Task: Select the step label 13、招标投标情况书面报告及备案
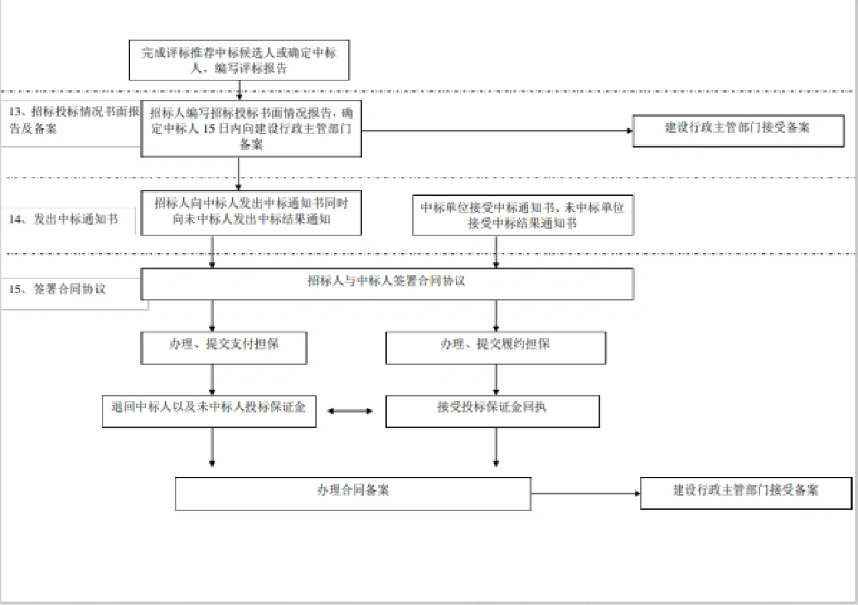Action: (x=70, y=120)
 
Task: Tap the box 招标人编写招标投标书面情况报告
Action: (x=251, y=129)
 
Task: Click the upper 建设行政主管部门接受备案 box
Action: (x=738, y=130)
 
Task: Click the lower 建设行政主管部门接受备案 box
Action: (x=746, y=492)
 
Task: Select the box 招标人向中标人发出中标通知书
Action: (x=251, y=213)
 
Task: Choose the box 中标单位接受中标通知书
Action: (x=522, y=215)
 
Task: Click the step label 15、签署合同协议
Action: (x=70, y=290)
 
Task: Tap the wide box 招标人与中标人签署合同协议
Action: (x=387, y=284)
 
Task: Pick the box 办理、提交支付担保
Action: (x=224, y=347)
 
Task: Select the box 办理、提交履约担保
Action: (x=495, y=347)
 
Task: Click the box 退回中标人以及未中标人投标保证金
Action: (x=208, y=410)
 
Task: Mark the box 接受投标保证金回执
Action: (x=492, y=410)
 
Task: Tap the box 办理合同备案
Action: (x=353, y=493)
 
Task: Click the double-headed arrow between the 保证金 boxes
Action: (x=350, y=410)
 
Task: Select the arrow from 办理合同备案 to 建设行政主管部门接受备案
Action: (x=585, y=494)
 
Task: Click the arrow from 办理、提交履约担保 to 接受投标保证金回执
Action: (x=496, y=380)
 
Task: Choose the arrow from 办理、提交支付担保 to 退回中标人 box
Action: (x=212, y=380)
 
